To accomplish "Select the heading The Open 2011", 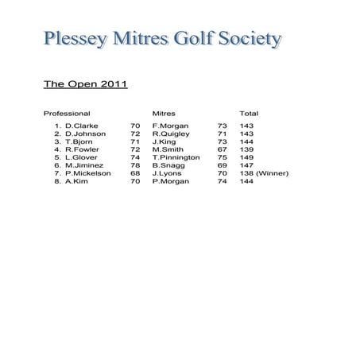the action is [85, 83].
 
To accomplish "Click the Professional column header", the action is [67, 114].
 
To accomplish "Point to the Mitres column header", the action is [163, 114].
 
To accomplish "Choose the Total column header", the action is [249, 114].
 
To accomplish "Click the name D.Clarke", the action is [81, 126].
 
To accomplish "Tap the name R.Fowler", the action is [82, 149].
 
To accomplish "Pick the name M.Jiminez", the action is [84, 165].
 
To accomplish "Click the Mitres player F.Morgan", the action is [169, 126].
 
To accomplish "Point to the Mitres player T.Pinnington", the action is [176, 157].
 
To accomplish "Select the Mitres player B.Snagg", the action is [167, 165].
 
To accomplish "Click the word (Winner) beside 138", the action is [273, 173].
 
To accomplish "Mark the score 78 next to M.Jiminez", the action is [135, 165].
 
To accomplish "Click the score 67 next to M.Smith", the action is [222, 149].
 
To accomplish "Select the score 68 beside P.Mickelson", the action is [135, 173].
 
